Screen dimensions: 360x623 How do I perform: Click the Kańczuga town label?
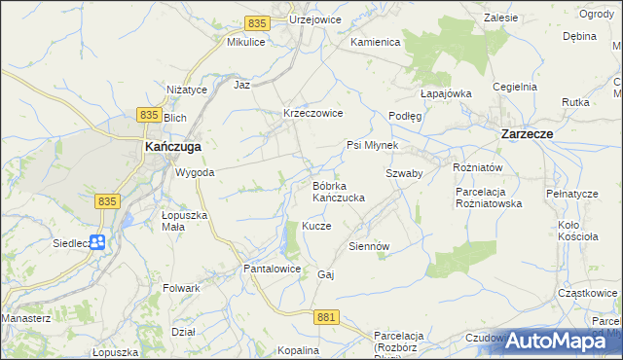(173, 146)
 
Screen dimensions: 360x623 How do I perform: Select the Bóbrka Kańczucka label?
(338, 192)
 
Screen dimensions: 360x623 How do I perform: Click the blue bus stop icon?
(97, 242)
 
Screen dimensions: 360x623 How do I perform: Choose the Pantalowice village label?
(272, 269)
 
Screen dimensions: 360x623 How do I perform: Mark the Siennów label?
(369, 246)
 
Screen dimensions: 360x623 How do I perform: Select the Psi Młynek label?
(372, 145)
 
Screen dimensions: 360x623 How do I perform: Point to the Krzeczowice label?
(312, 113)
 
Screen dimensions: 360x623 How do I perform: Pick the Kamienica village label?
(377, 43)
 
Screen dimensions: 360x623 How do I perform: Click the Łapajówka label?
(446, 93)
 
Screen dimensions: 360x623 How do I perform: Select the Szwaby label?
(403, 172)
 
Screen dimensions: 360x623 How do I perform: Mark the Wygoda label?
(194, 172)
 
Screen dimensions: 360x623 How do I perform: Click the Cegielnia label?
(515, 87)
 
